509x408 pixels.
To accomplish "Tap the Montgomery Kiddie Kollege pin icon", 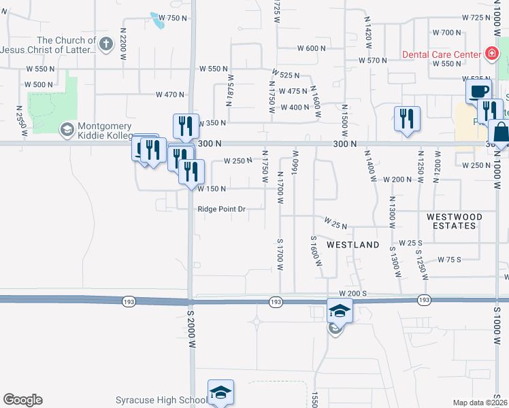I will pos(67,129).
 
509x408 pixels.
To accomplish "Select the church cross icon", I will pos(105,45).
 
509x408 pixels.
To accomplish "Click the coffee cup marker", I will pos(478,92).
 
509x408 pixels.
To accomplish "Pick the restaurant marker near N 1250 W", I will pos(407,118).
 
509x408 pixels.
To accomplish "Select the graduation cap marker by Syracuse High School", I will pos(220,392).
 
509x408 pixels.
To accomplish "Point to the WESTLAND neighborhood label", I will pos(352,245).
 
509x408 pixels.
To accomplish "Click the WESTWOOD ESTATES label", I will pos(455,221).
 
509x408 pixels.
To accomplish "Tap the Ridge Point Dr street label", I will pos(221,209).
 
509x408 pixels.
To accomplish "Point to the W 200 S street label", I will pos(353,292).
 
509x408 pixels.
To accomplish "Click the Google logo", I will pos(22,400).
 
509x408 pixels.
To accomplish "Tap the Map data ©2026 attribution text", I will pos(480,403).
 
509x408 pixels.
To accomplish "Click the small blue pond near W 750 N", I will pos(158,22).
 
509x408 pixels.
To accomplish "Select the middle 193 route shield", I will pos(275,301).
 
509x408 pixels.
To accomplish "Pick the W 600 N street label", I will pos(312,48).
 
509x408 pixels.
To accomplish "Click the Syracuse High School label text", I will pos(161,399).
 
